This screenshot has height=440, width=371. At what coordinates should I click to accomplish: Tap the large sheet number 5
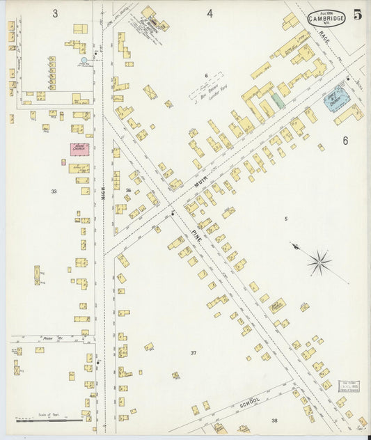pyautogui.click(x=357, y=14)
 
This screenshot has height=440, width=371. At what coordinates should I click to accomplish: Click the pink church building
pyautogui.click(x=79, y=149)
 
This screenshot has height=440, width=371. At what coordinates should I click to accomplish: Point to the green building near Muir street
pyautogui.click(x=278, y=100)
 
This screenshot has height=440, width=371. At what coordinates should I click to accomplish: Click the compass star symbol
pyautogui.click(x=319, y=262)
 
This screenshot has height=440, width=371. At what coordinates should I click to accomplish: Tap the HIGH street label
pyautogui.click(x=104, y=197)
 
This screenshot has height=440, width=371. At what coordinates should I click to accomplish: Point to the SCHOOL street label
pyautogui.click(x=249, y=401)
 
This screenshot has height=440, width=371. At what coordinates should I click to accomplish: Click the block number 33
pyautogui.click(x=54, y=191)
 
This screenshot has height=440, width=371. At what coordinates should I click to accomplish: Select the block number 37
pyautogui.click(x=194, y=353)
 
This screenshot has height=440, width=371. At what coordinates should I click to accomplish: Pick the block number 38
pyautogui.click(x=274, y=421)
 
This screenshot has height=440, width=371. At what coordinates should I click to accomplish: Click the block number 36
pyautogui.click(x=128, y=190)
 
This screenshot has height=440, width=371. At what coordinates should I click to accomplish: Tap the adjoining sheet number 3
pyautogui.click(x=54, y=13)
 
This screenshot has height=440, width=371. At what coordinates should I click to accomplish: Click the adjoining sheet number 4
pyautogui.click(x=209, y=13)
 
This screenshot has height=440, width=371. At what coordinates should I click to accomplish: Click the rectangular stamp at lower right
pyautogui.click(x=348, y=386)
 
